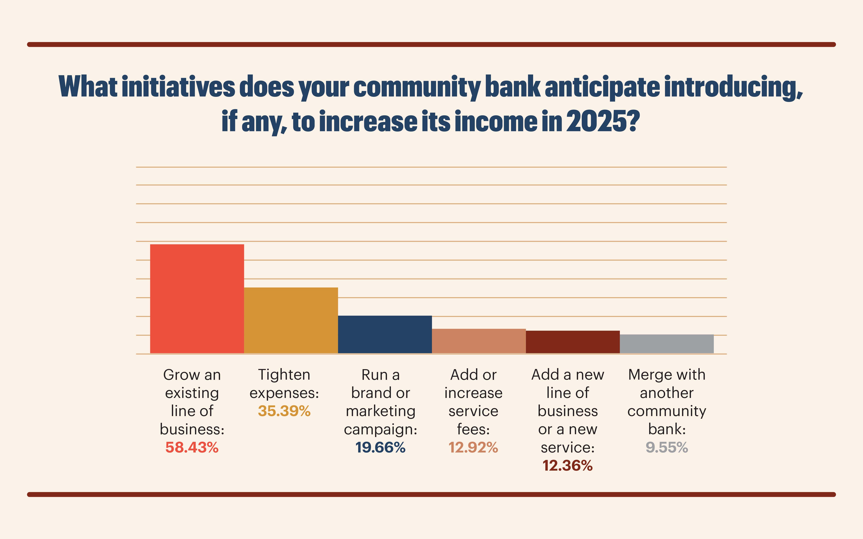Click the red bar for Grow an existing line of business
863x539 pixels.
pyautogui.click(x=197, y=299)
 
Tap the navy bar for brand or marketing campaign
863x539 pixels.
pyautogui.click(x=385, y=334)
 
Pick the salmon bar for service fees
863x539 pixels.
pyautogui.click(x=479, y=341)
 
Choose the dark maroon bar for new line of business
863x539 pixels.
pyautogui.click(x=573, y=342)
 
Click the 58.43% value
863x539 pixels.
pyautogui.click(x=192, y=447)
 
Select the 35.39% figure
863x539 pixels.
pyautogui.click(x=284, y=411)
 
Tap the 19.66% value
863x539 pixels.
pyautogui.click(x=381, y=447)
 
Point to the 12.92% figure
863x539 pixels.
pyautogui.click(x=473, y=447)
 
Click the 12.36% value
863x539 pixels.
pyautogui.click(x=568, y=466)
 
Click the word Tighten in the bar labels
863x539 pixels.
pyautogui.click(x=284, y=375)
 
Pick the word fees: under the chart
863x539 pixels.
pyautogui.click(x=473, y=429)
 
